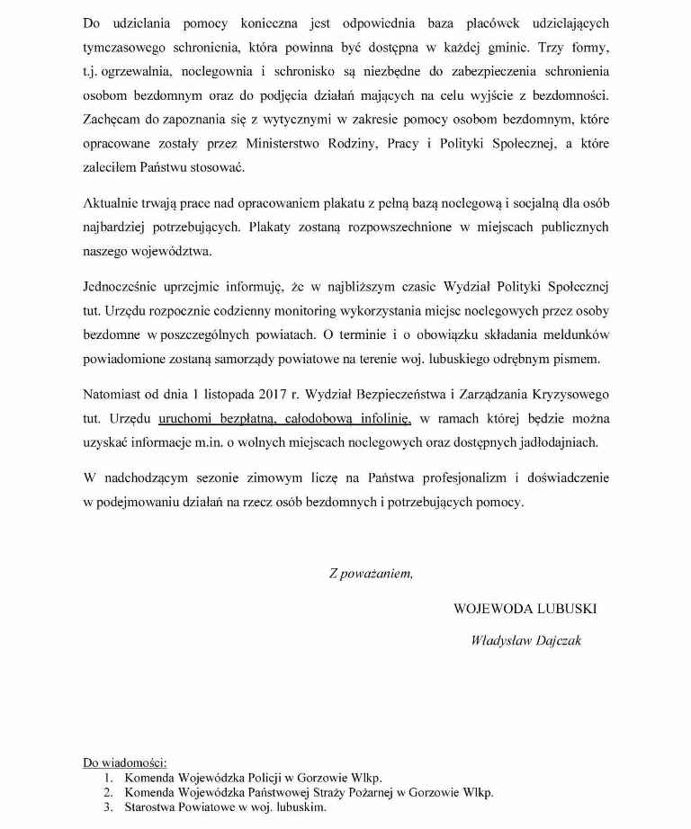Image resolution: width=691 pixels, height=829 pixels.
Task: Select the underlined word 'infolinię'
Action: [381, 418]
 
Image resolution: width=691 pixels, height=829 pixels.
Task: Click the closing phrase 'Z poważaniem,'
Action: [371, 573]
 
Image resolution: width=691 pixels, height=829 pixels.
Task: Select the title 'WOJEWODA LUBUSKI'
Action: [525, 609]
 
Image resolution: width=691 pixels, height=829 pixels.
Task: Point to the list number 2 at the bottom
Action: [107, 793]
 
